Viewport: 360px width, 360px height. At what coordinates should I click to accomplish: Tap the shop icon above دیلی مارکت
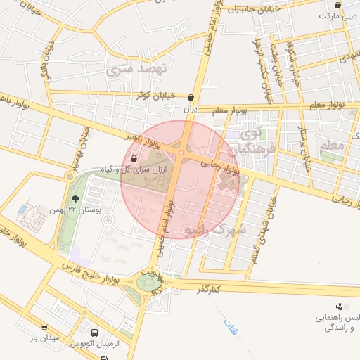coord(337,4)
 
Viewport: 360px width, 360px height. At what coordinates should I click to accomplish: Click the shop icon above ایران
coord(192,98)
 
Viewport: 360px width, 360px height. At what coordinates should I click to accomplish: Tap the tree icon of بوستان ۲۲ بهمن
coord(76,199)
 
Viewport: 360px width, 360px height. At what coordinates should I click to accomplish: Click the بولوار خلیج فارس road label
coord(88,275)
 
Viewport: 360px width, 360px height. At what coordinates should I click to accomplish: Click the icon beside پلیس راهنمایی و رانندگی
coord(339,306)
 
